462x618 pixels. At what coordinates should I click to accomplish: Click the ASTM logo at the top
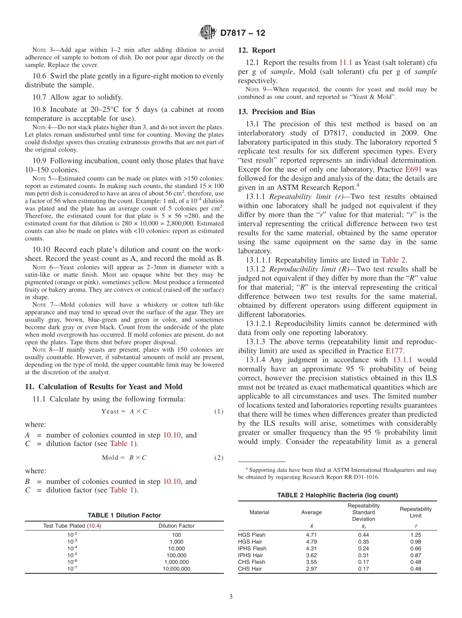[x=208, y=33]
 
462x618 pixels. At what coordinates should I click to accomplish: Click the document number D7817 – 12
[x=243, y=34]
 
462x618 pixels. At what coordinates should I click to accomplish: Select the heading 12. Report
[x=256, y=50]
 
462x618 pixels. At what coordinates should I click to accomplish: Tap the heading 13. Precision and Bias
[x=276, y=112]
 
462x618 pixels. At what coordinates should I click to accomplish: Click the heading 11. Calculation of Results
[x=104, y=387]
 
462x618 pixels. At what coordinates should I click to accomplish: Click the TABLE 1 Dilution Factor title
[x=124, y=515]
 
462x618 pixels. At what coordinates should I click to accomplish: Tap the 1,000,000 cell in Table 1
[x=176, y=562]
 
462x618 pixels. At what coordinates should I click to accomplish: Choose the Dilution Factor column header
[x=176, y=526]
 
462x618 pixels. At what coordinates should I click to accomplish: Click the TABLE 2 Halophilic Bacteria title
[x=337, y=495]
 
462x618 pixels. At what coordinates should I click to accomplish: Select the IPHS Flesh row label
[x=252, y=549]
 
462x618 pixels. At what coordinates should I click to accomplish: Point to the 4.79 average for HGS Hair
[x=311, y=542]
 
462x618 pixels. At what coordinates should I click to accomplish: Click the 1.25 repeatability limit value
[x=415, y=535]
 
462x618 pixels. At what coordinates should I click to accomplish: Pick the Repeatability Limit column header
[x=415, y=512]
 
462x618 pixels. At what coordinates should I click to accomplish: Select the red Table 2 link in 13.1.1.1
[x=393, y=260]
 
